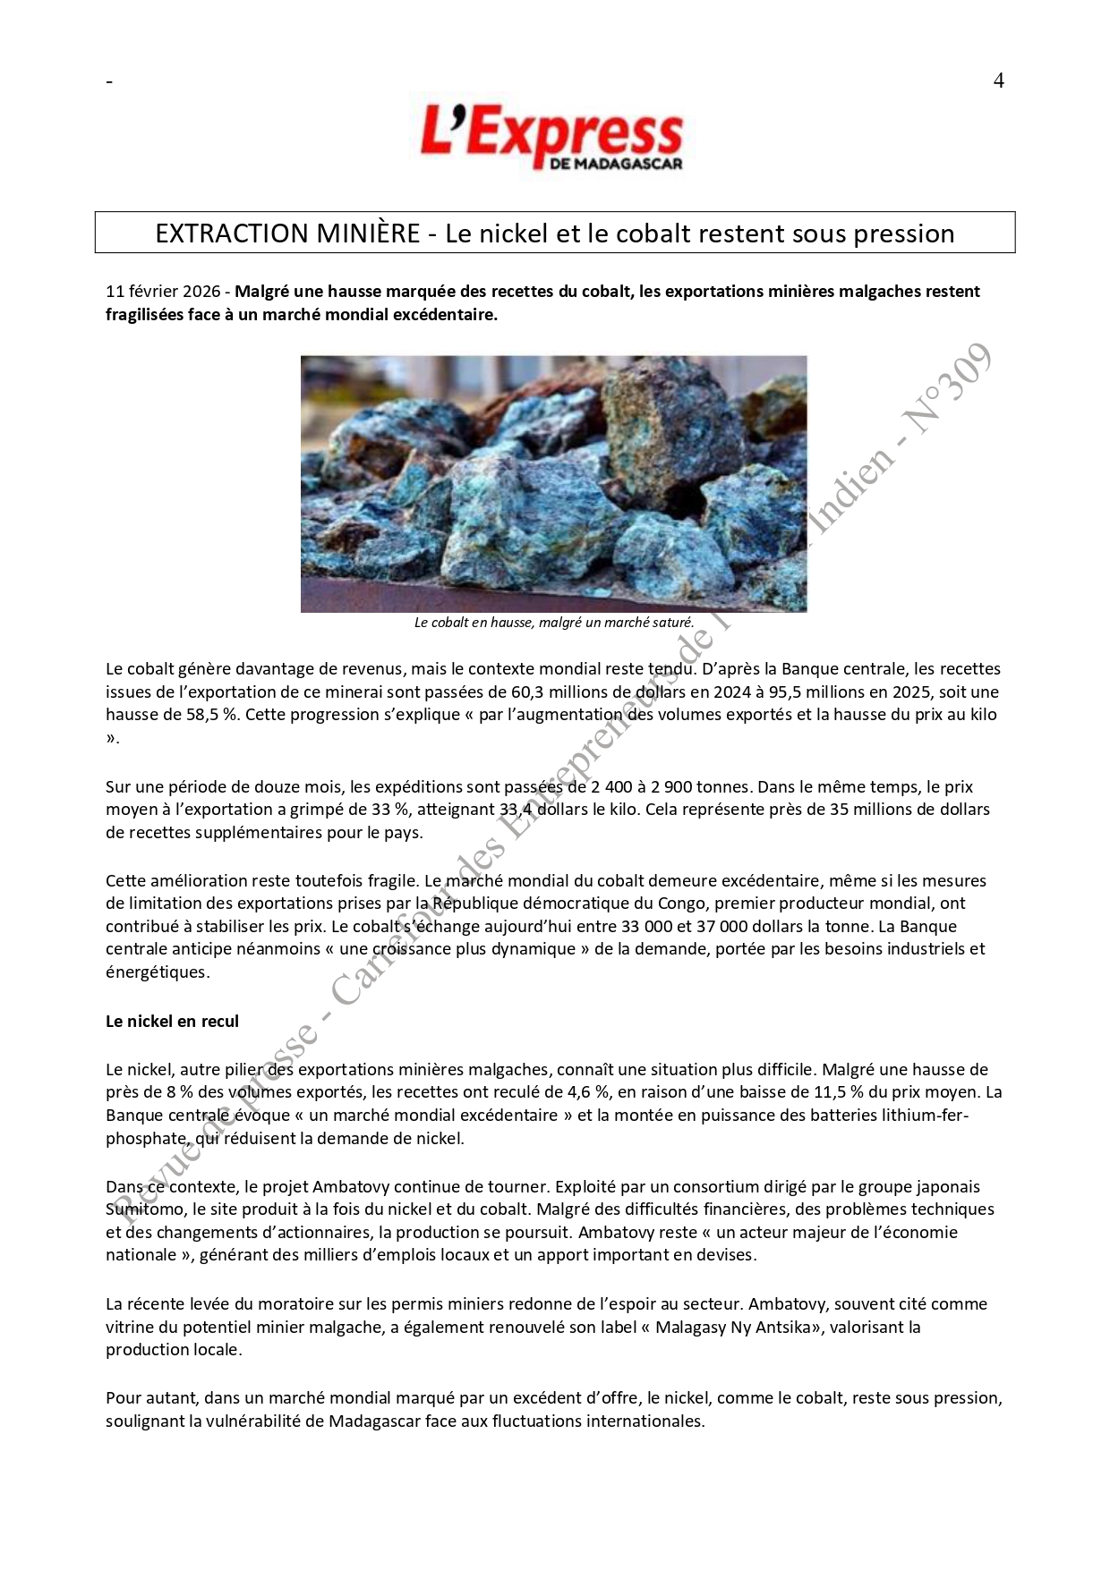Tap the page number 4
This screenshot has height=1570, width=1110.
(x=998, y=81)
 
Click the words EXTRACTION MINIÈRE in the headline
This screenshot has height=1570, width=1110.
(x=287, y=233)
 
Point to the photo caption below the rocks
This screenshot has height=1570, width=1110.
(x=554, y=623)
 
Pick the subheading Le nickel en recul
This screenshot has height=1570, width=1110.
(x=172, y=1022)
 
